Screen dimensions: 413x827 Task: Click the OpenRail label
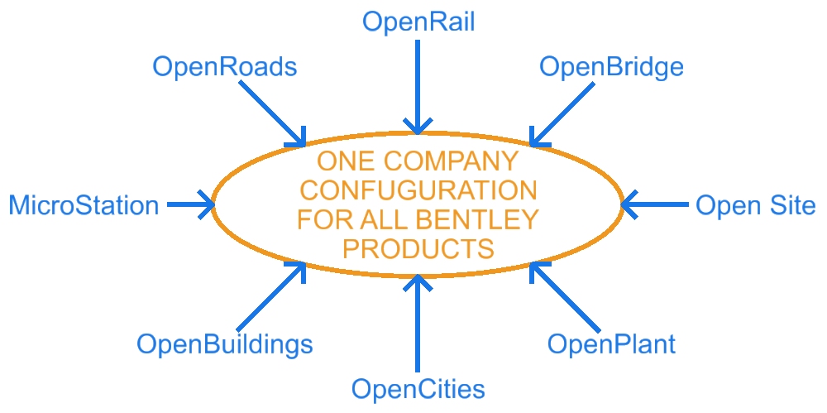[418, 21]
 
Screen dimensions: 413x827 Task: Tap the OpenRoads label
[224, 67]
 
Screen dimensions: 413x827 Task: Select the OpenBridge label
[611, 66]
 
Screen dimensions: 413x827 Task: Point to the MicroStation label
[84, 204]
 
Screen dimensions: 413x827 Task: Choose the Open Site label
[756, 204]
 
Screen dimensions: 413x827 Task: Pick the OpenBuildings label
[225, 343]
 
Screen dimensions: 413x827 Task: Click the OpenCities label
[418, 388]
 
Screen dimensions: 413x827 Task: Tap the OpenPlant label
[611, 343]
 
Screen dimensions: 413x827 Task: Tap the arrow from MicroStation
[190, 204]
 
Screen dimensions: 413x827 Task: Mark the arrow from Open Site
[653, 204]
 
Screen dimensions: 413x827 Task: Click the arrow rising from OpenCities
[418, 323]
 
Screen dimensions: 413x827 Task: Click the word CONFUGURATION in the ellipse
[418, 190]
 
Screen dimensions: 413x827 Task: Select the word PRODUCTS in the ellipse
[418, 248]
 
